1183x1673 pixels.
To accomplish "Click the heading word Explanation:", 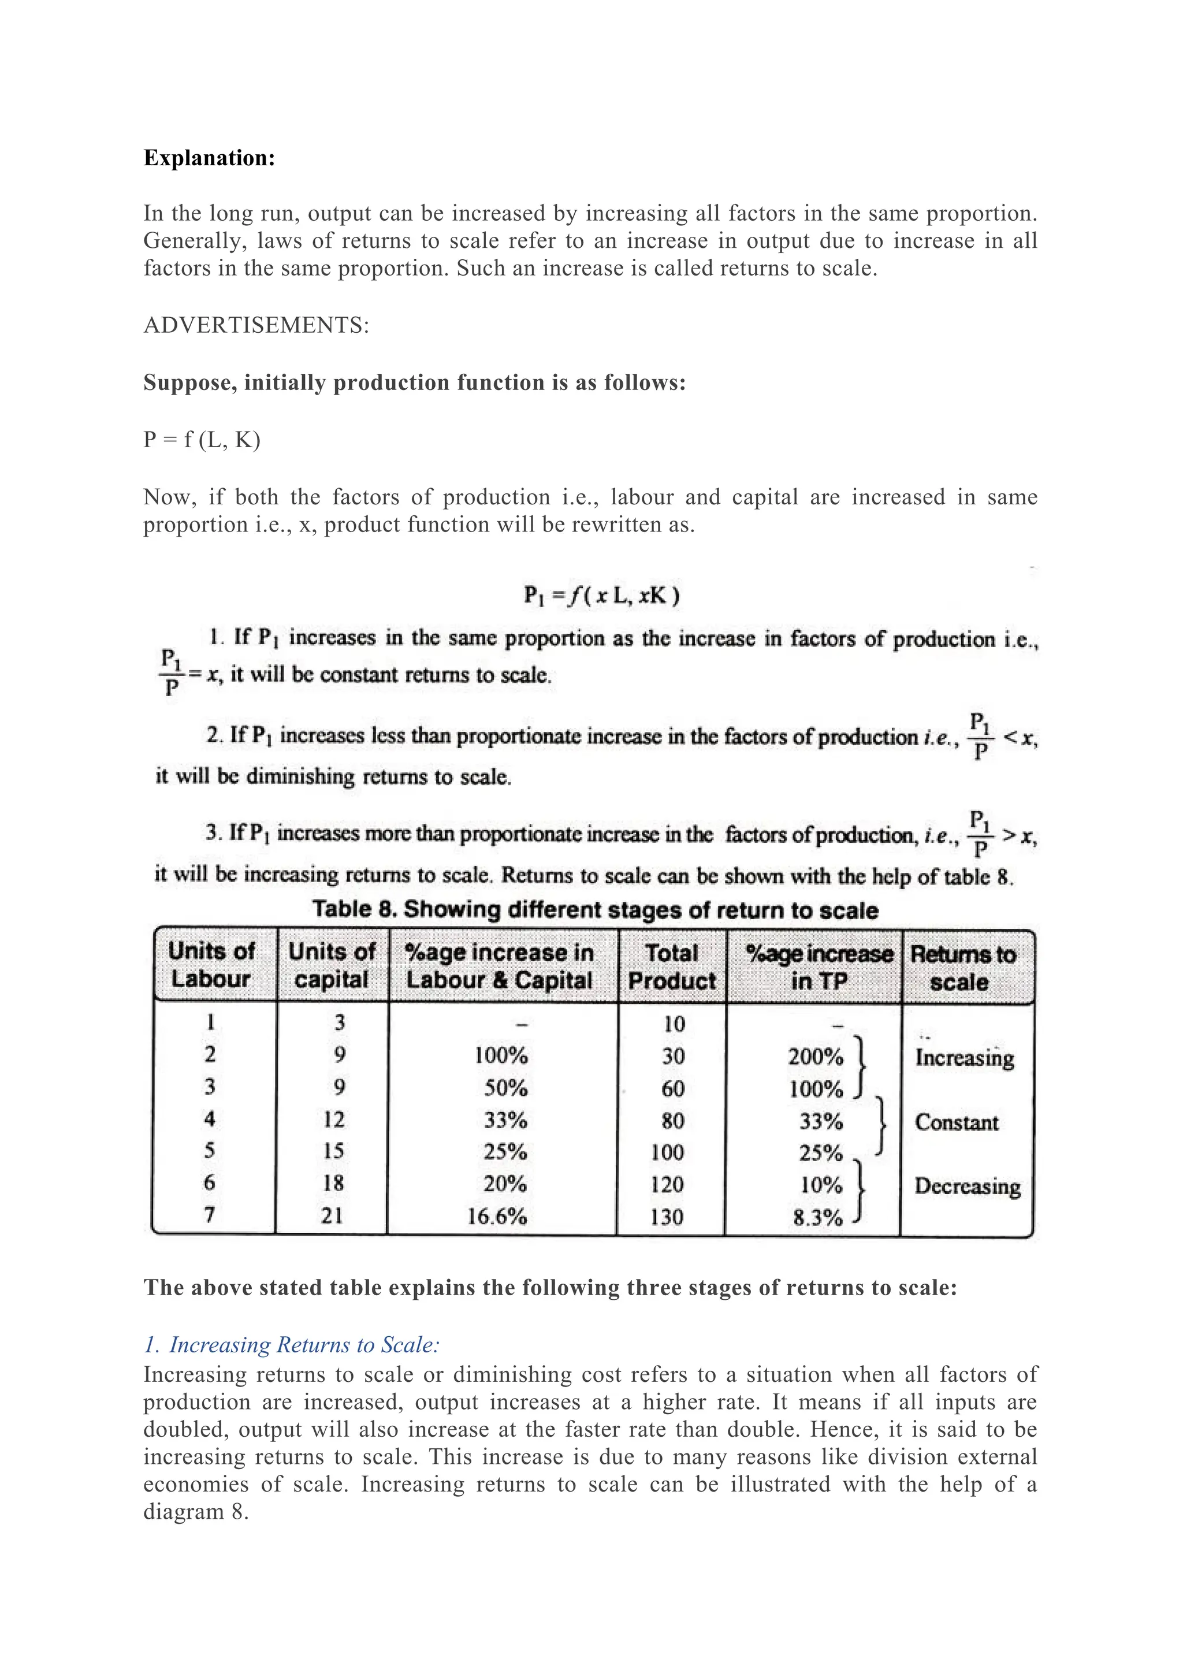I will [x=209, y=158].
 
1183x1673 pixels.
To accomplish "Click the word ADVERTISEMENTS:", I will [x=256, y=325].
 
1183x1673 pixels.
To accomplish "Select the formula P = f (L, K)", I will [x=202, y=440].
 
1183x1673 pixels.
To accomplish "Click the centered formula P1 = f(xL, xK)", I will [x=602, y=596].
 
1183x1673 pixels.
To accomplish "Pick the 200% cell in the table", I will [x=815, y=1057].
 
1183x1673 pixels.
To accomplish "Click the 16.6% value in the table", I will [x=497, y=1216].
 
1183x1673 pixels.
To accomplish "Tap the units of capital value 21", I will [x=332, y=1215].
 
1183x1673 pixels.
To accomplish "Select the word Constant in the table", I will [x=957, y=1122].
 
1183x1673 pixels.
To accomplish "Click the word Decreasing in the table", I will [x=966, y=1186].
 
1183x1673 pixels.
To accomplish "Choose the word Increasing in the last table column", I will [x=965, y=1057].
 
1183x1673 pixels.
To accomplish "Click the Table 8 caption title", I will [x=595, y=910].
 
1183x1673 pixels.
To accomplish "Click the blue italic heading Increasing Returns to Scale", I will [x=291, y=1345].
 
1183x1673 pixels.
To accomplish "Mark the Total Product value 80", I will [x=672, y=1121].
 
